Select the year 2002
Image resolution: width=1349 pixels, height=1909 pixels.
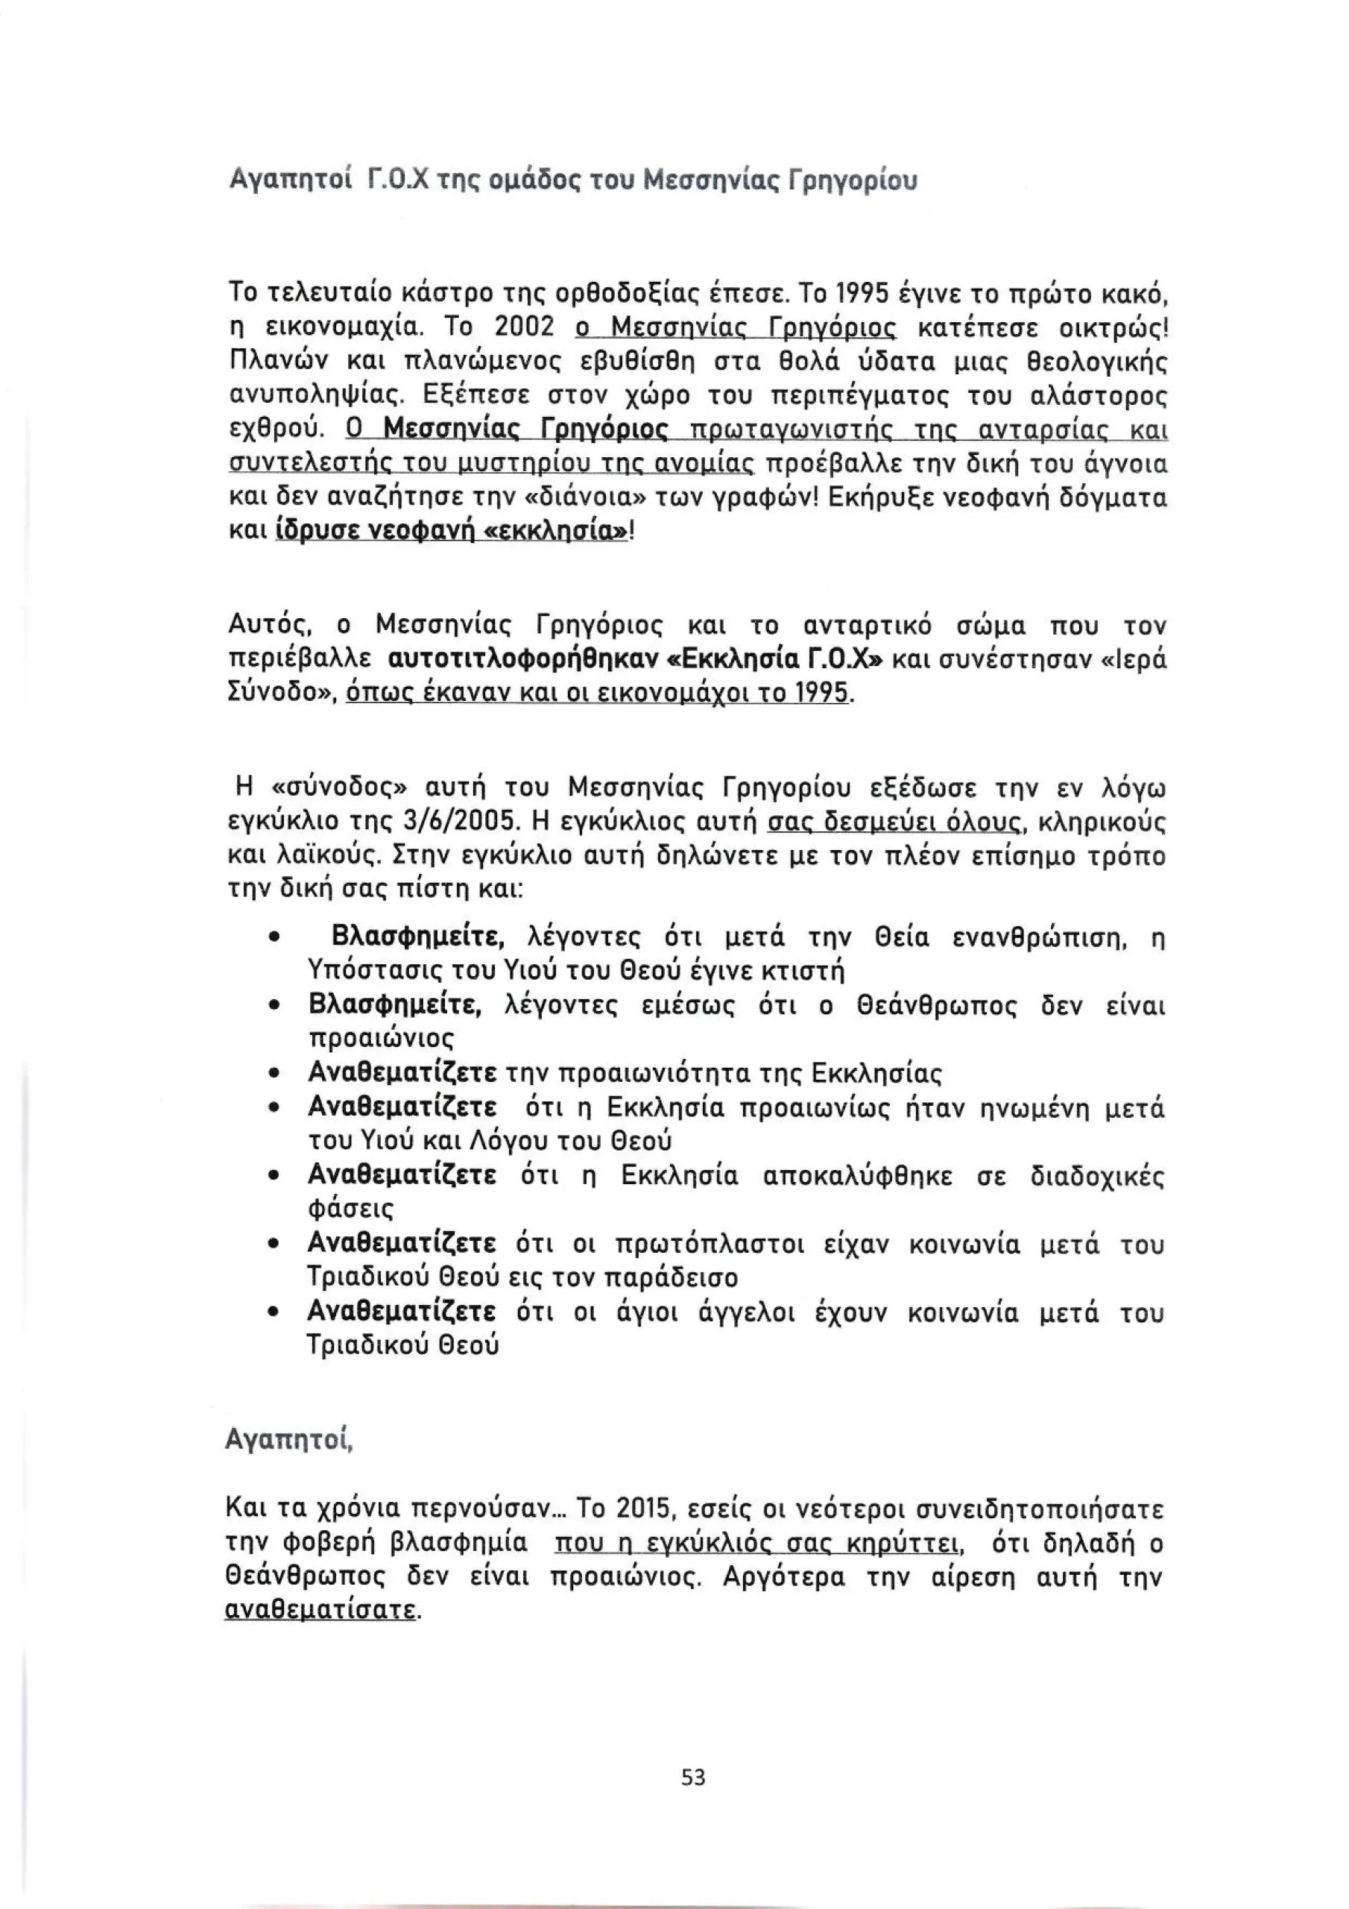click(525, 327)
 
